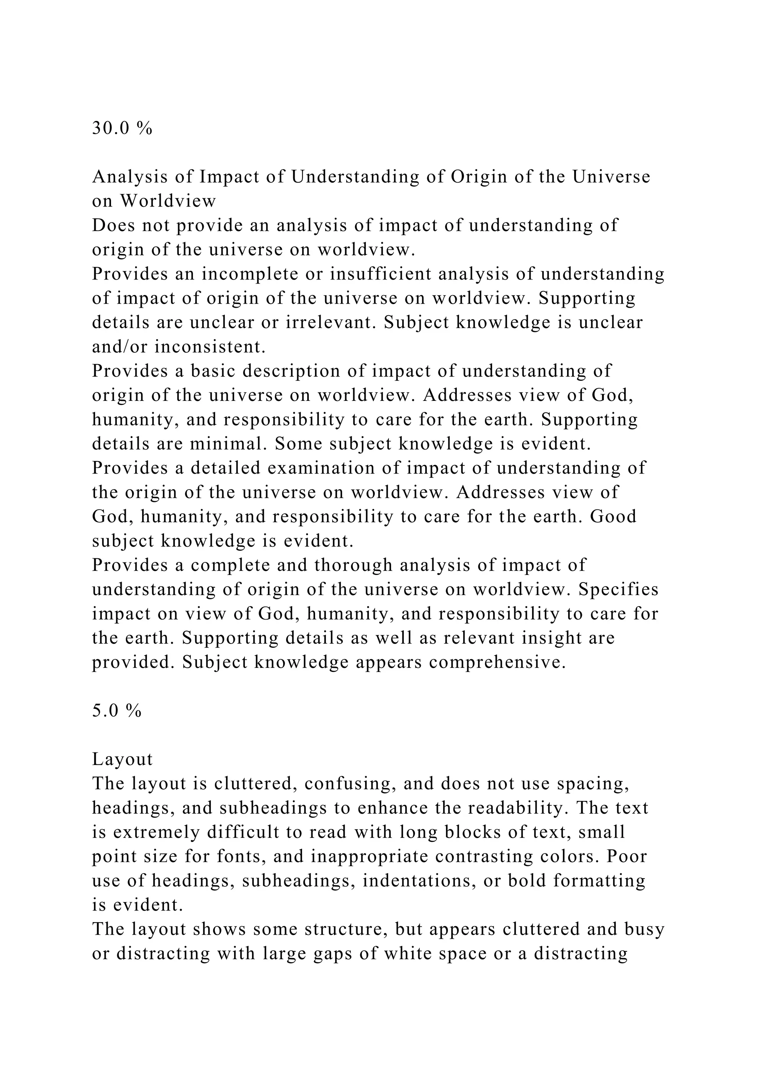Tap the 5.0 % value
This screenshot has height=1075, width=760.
point(117,711)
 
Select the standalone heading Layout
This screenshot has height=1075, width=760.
point(122,759)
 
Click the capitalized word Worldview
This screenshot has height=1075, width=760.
point(168,201)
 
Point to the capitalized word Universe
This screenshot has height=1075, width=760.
point(611,177)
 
